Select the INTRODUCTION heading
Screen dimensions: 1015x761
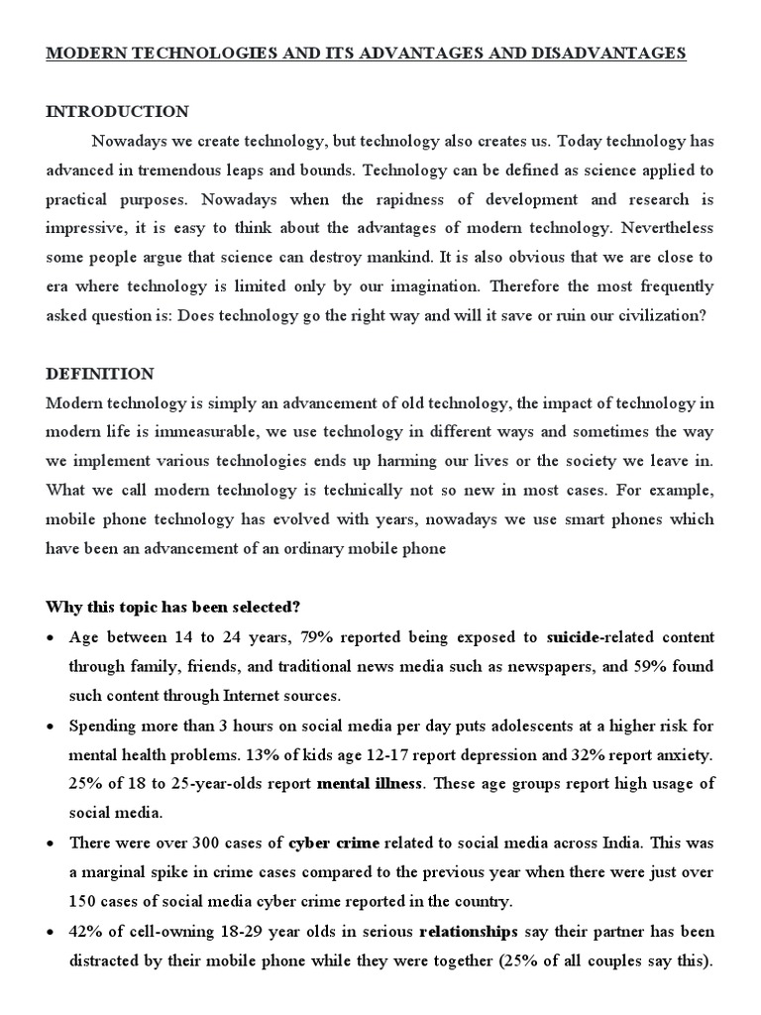coord(117,111)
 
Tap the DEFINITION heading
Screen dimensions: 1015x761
coord(100,374)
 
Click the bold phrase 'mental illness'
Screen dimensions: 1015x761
coord(370,783)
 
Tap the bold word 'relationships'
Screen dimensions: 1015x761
coord(469,932)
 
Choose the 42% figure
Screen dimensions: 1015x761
coord(86,932)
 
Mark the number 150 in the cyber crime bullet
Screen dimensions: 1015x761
coord(86,902)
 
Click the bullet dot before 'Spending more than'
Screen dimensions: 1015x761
coord(52,725)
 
